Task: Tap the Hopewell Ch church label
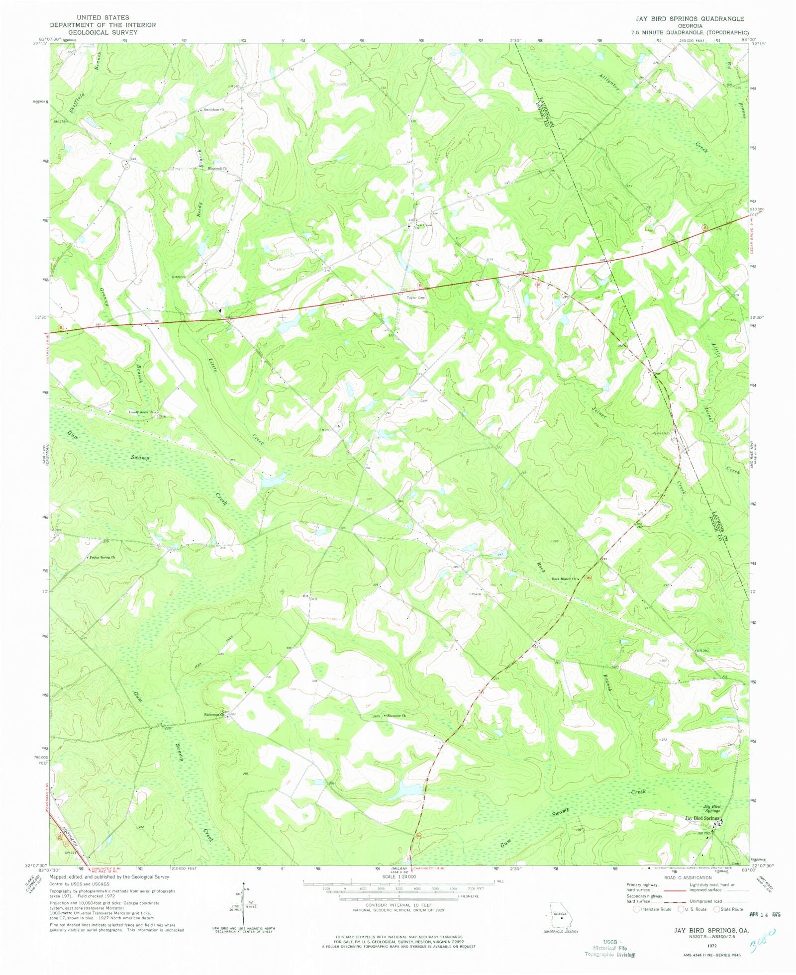[217, 169]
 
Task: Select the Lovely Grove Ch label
[142, 412]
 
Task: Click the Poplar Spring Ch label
[102, 558]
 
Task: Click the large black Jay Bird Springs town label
[702, 818]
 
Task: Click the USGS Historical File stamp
[609, 948]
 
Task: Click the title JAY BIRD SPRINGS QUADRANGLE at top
[689, 19]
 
